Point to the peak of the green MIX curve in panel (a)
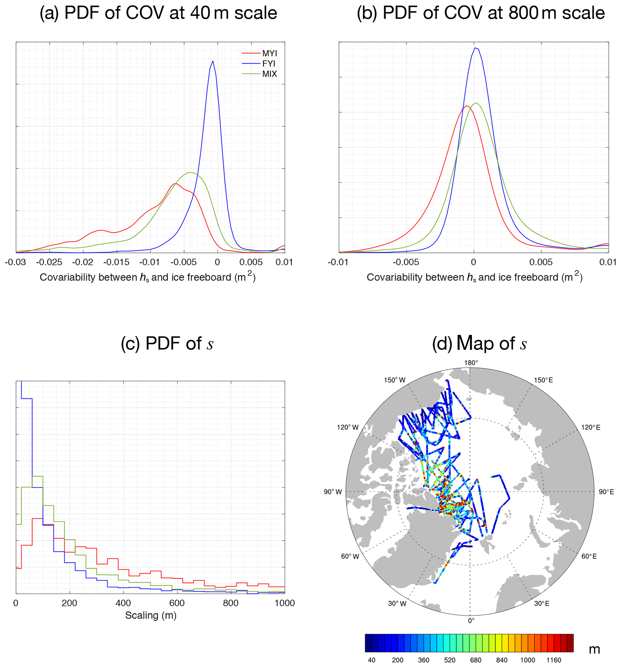click(190, 172)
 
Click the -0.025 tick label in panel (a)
click(49, 262)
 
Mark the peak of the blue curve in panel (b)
click(476, 48)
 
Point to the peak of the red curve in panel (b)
click(466, 106)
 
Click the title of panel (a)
click(158, 14)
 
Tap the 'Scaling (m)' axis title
click(151, 615)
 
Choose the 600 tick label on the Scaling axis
click(177, 603)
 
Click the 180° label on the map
click(471, 363)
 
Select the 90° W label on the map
click(333, 492)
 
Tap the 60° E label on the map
click(589, 557)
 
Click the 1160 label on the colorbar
click(554, 660)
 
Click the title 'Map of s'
click(479, 343)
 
